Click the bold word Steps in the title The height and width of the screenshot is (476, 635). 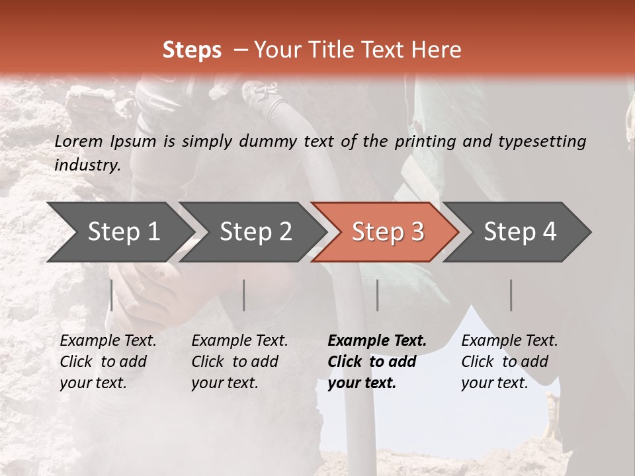[x=192, y=50]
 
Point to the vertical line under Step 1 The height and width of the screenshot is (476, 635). [x=112, y=295]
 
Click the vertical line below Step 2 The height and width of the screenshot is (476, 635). [x=244, y=295]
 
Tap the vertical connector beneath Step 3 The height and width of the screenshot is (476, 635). [x=377, y=295]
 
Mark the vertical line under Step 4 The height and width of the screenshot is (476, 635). [x=511, y=295]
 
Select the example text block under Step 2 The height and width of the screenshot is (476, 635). [x=239, y=362]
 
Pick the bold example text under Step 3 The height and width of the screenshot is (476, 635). [x=377, y=362]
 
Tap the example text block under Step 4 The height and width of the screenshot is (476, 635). [x=509, y=362]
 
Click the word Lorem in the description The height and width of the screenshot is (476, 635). [x=79, y=141]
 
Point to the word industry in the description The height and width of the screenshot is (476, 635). [x=87, y=165]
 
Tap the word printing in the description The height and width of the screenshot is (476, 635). [x=425, y=141]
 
